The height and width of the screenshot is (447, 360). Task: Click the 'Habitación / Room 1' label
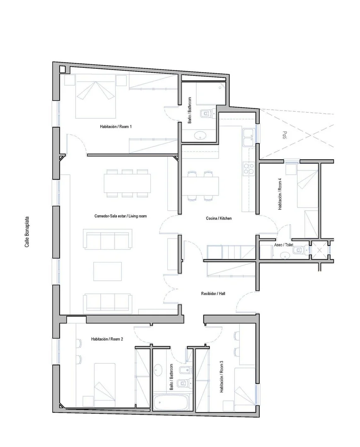(x=116, y=127)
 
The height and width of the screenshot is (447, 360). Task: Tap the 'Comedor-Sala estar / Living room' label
(x=121, y=216)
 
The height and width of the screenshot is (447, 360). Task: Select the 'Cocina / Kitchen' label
(x=219, y=219)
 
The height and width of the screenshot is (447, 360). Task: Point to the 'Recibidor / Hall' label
(x=213, y=293)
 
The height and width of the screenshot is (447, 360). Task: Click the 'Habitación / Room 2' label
(x=107, y=339)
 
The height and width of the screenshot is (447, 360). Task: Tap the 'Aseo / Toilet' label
(x=283, y=245)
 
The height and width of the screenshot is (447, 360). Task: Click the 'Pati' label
(x=285, y=135)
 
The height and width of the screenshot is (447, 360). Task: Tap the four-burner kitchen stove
(x=248, y=168)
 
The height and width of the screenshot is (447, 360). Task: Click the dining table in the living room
(x=127, y=183)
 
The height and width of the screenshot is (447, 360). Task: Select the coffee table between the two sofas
(x=108, y=272)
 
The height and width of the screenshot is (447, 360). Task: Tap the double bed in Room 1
(x=95, y=96)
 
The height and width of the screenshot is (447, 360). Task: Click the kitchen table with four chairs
(x=200, y=186)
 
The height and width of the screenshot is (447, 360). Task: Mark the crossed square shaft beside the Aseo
(x=319, y=250)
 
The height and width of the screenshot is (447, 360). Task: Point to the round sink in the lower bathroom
(x=158, y=370)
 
